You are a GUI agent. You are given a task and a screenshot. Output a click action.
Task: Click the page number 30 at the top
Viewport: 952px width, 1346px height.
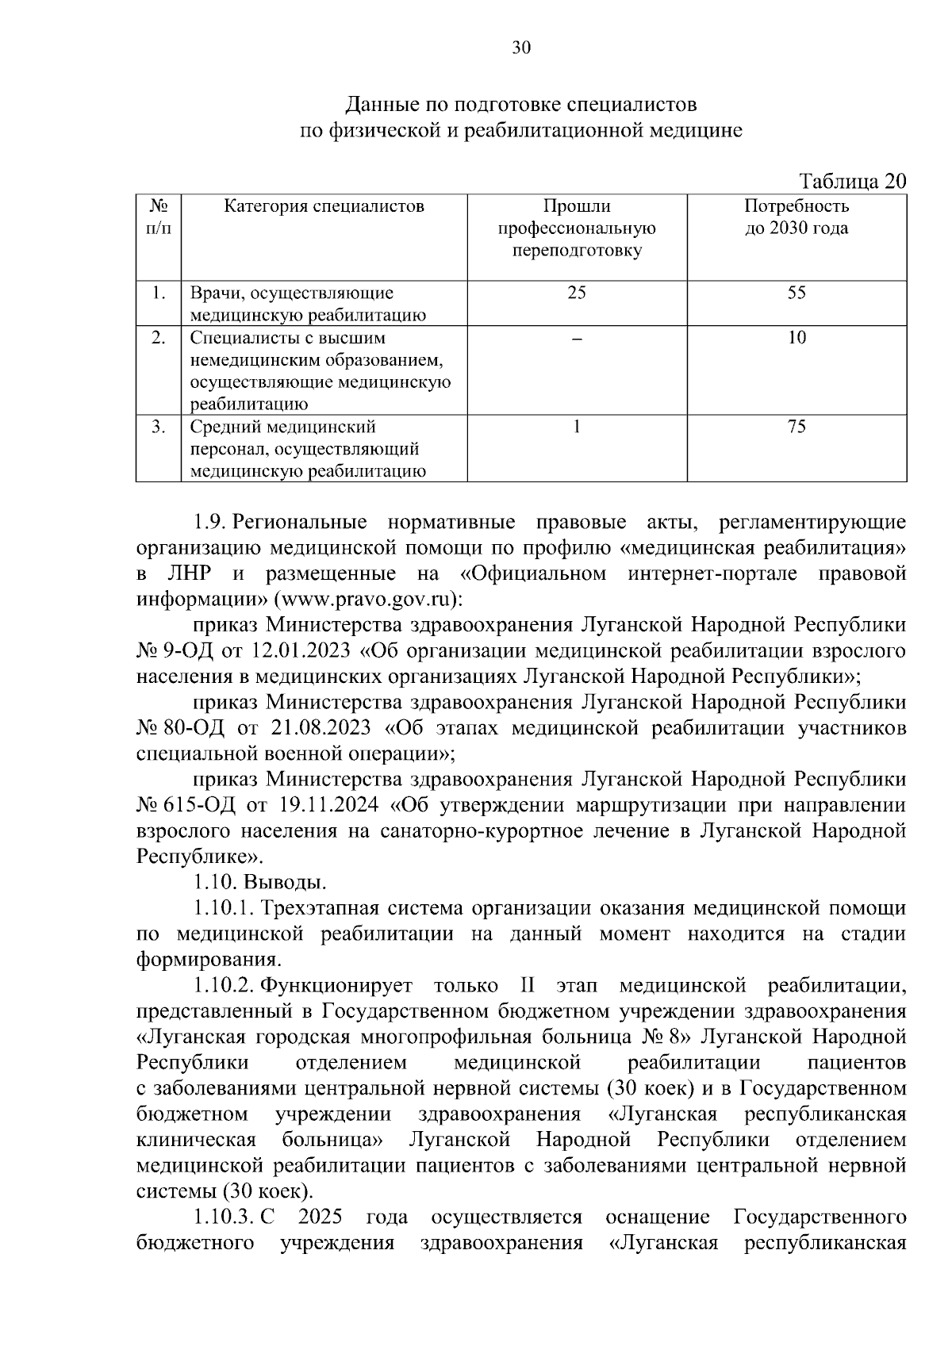521,48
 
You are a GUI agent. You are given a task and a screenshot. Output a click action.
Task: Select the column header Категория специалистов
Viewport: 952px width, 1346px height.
324,207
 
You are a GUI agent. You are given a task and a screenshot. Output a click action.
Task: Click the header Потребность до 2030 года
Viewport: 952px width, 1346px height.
797,218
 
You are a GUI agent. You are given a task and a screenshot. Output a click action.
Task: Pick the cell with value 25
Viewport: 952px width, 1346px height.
577,293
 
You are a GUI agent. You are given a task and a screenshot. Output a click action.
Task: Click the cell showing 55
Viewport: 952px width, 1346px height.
797,293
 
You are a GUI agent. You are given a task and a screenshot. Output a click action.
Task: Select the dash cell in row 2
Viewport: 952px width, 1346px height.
577,338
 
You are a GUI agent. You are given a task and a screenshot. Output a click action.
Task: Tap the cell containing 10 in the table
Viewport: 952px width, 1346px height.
797,338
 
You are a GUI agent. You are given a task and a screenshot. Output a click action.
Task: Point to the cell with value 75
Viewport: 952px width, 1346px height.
797,427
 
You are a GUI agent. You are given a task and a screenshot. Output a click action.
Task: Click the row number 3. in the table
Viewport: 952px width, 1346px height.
159,427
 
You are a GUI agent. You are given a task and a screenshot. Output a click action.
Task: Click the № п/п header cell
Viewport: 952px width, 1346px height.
159,218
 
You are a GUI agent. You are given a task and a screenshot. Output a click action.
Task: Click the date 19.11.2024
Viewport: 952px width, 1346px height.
330,806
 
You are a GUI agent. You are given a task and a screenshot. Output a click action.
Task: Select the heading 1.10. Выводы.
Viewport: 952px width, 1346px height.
259,882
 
